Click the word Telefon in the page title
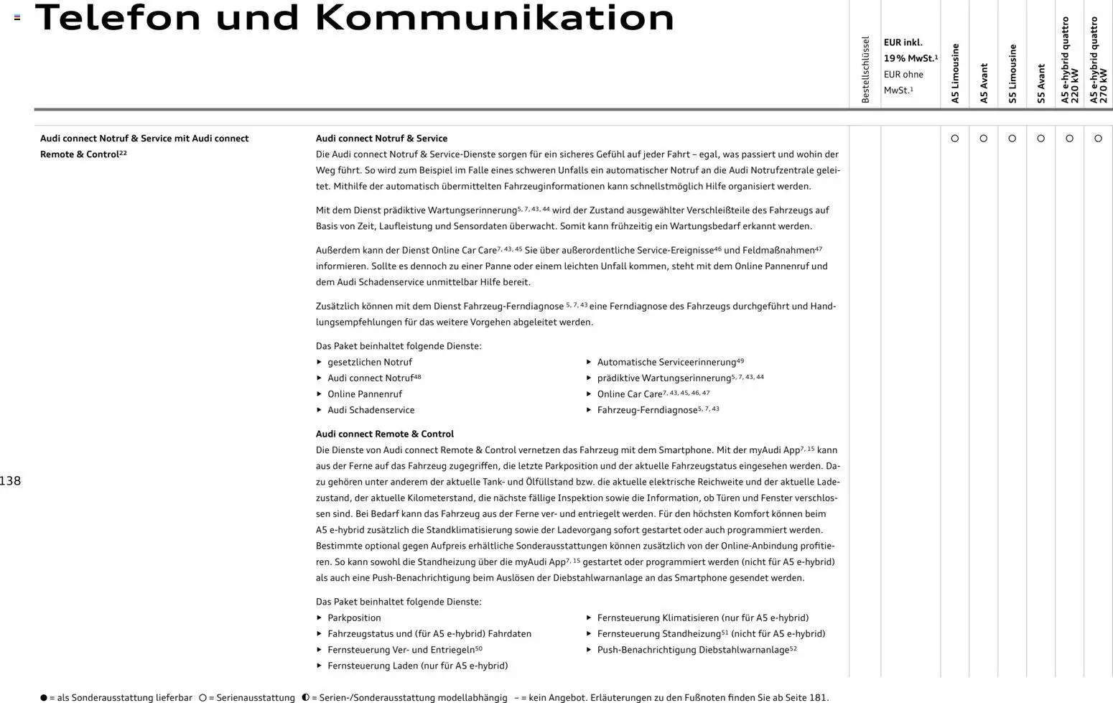pos(118,17)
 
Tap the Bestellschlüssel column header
pos(865,70)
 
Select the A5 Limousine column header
pos(955,73)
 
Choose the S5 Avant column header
pos(1041,83)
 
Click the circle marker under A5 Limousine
pos(955,139)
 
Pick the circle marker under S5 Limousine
pos(1012,139)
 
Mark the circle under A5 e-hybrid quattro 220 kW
pos(1070,139)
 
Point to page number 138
pos(10,481)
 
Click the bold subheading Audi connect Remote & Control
pos(385,434)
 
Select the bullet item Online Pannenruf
pos(365,394)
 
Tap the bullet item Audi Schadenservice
pos(371,410)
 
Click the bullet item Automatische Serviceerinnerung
pos(666,363)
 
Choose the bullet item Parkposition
pos(354,618)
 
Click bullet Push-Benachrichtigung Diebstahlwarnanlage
pos(693,650)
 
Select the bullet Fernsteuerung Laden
pos(417,666)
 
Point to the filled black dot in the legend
pos(44,697)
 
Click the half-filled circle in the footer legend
pos(306,697)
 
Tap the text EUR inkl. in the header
pos(903,43)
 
